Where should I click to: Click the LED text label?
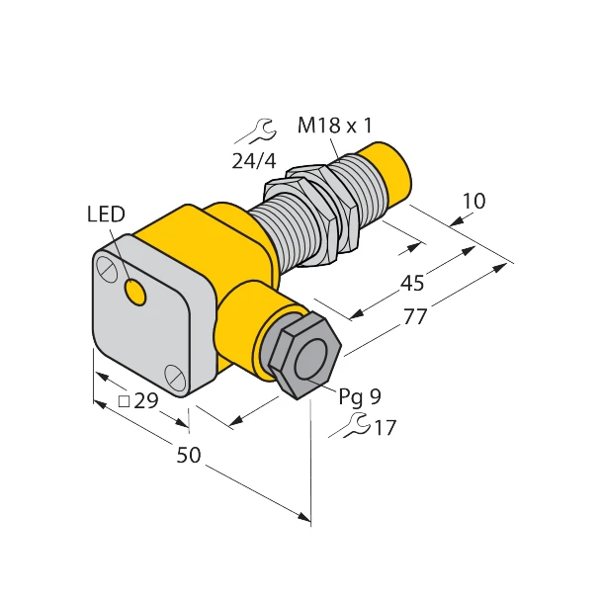(x=106, y=214)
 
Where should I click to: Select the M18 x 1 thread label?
(x=334, y=126)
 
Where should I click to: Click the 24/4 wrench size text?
(x=253, y=161)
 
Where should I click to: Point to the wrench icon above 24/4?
(x=259, y=129)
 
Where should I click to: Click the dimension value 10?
(x=473, y=201)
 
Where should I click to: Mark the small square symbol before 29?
(x=124, y=401)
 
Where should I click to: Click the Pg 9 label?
(x=360, y=397)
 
